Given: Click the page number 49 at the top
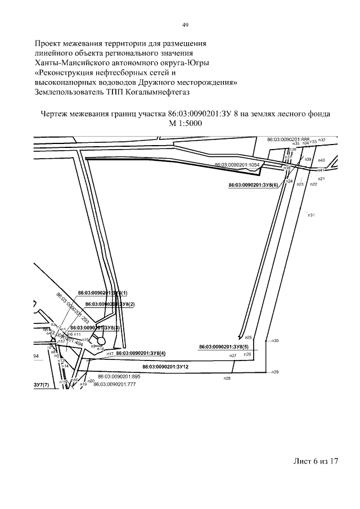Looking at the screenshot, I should coord(185,24).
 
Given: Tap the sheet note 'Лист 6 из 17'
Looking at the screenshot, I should coord(316,461).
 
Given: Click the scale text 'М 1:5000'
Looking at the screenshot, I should coord(185,123).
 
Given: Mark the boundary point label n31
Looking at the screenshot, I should coord(310,215).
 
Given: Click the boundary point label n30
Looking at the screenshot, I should coord(275,341).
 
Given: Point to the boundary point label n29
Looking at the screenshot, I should coord(275,372).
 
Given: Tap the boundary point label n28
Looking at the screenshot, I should coord(227,379).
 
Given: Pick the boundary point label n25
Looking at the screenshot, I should coord(249,337).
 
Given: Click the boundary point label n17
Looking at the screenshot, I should coord(110,354).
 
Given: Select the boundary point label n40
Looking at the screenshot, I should coord(321,160).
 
